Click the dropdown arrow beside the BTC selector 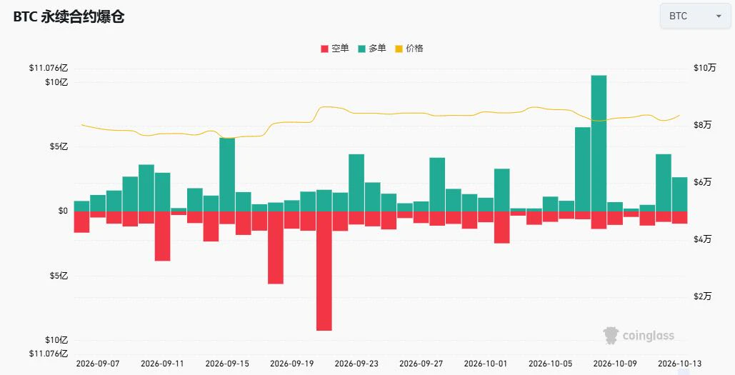[x=719, y=16]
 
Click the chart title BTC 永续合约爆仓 [x=69, y=17]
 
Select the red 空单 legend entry [x=335, y=49]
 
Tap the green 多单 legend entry [x=371, y=49]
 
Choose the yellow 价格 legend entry [x=409, y=49]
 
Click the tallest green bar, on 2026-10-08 [x=599, y=144]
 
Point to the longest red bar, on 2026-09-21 [x=324, y=271]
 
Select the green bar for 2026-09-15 [x=227, y=174]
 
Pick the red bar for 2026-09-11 [x=162, y=236]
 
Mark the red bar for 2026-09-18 [x=276, y=247]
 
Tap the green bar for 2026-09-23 [x=356, y=183]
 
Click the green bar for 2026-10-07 [x=583, y=169]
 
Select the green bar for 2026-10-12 [x=664, y=183]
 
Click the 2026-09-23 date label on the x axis [x=356, y=364]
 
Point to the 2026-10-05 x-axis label [x=550, y=364]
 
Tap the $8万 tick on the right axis [x=703, y=125]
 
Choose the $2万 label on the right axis [x=703, y=296]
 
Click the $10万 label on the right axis [x=705, y=68]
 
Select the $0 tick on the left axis [x=63, y=211]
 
